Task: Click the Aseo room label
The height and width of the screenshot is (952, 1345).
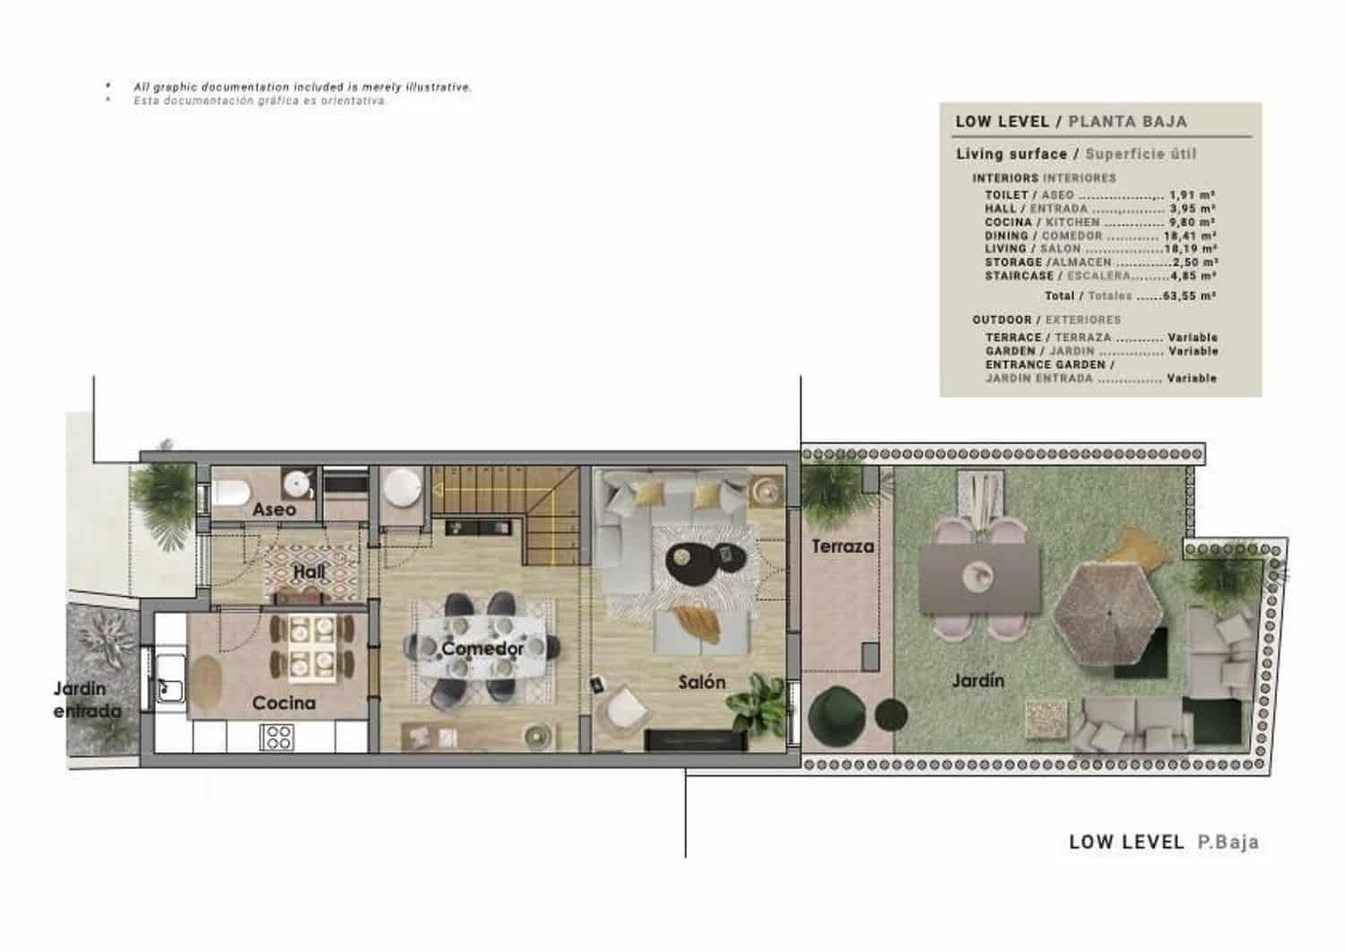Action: tap(273, 509)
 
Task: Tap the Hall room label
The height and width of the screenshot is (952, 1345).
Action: tap(309, 572)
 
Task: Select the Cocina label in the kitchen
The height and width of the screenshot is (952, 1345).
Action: tap(283, 703)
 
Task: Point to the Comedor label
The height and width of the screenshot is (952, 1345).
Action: tap(482, 648)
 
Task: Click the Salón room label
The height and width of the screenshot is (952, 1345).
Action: tap(701, 682)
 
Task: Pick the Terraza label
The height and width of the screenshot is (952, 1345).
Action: tap(842, 546)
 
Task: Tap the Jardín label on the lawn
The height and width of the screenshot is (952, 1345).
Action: tap(977, 680)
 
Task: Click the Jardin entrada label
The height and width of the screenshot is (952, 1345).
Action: tap(87, 700)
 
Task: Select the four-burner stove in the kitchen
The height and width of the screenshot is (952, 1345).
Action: tap(275, 737)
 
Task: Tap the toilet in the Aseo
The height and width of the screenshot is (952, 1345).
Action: tap(230, 493)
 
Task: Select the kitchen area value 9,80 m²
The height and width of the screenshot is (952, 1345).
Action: tap(1192, 222)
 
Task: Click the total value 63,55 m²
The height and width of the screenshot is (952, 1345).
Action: tap(1189, 295)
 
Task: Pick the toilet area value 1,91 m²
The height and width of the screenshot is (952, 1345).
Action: tap(1192, 195)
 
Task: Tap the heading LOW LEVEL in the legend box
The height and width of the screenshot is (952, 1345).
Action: tap(1002, 121)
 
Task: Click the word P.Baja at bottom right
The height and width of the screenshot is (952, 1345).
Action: tap(1228, 842)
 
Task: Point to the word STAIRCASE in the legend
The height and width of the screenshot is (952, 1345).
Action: tap(1020, 275)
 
